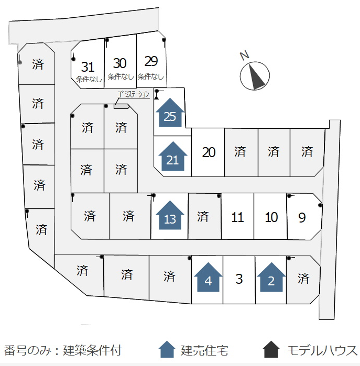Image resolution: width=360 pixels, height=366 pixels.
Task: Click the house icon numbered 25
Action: (x=170, y=113)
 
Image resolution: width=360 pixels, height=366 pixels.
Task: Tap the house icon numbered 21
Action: (x=172, y=156)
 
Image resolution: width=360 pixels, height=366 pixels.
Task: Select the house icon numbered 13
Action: (x=170, y=215)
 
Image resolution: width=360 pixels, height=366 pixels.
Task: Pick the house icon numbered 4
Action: (x=208, y=277)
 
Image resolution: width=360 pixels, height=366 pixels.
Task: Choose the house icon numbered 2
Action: (x=271, y=277)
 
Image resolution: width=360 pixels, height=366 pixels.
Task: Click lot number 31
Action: (x=88, y=67)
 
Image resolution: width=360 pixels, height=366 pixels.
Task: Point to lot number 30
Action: (x=119, y=63)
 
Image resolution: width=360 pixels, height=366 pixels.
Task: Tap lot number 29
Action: (x=151, y=61)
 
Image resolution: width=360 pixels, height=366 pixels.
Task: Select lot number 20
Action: (x=209, y=152)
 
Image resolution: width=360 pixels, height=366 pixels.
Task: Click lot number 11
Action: (x=237, y=217)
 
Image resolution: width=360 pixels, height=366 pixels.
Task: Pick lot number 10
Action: (x=271, y=217)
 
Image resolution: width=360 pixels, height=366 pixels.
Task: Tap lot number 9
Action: (x=302, y=217)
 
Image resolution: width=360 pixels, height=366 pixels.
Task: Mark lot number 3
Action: (x=239, y=279)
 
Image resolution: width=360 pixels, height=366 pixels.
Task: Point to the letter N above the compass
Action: (x=245, y=56)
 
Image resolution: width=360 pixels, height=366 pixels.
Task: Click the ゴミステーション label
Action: (x=133, y=95)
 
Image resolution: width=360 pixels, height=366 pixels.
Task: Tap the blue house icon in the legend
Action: (x=167, y=349)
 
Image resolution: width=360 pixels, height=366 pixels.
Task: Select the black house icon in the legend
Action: (x=271, y=349)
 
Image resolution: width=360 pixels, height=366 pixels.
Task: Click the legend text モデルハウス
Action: (x=322, y=351)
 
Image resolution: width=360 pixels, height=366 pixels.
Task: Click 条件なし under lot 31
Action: (x=89, y=80)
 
